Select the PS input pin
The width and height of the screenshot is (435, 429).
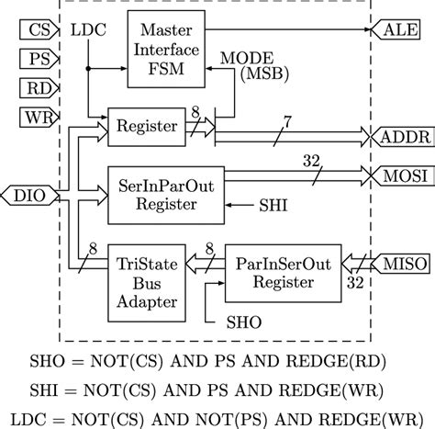[35, 61]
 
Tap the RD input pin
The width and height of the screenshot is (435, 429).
[35, 88]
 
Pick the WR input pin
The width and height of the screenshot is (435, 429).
[35, 117]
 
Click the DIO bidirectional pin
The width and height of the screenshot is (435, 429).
[24, 194]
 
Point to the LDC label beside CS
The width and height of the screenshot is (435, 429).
[87, 30]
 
